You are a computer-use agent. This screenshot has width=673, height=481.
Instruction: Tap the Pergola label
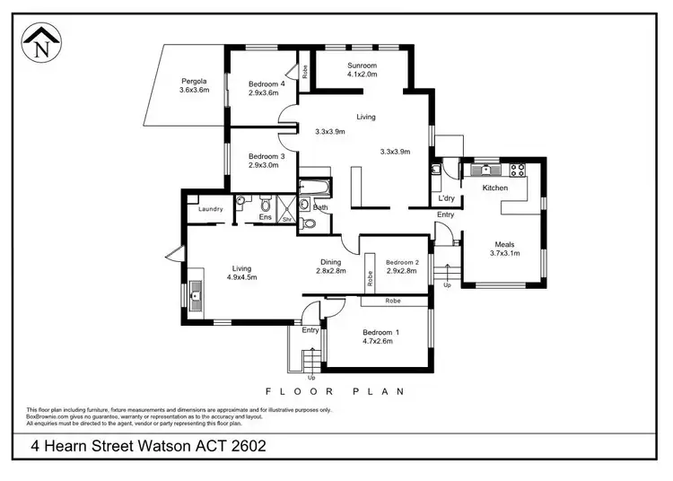coord(194,81)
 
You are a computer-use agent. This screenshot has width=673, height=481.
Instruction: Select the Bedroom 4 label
coord(267,84)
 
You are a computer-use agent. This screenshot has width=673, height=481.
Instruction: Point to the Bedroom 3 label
coord(267,156)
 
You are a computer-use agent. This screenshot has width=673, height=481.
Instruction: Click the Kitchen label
coord(495,188)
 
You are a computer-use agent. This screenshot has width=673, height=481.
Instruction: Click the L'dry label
coord(446,198)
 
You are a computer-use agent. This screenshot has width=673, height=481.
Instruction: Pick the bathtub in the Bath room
coord(315,188)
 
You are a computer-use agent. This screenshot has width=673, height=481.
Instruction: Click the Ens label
coord(265,217)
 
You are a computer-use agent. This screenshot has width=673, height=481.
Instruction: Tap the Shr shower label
coord(287,218)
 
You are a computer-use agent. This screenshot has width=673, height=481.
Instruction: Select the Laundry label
coord(210,209)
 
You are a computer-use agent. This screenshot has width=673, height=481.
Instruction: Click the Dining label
coord(331,261)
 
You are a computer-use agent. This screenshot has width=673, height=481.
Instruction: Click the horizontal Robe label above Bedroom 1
coord(393,302)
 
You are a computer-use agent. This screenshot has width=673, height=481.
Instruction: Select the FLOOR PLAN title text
coord(334,391)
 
